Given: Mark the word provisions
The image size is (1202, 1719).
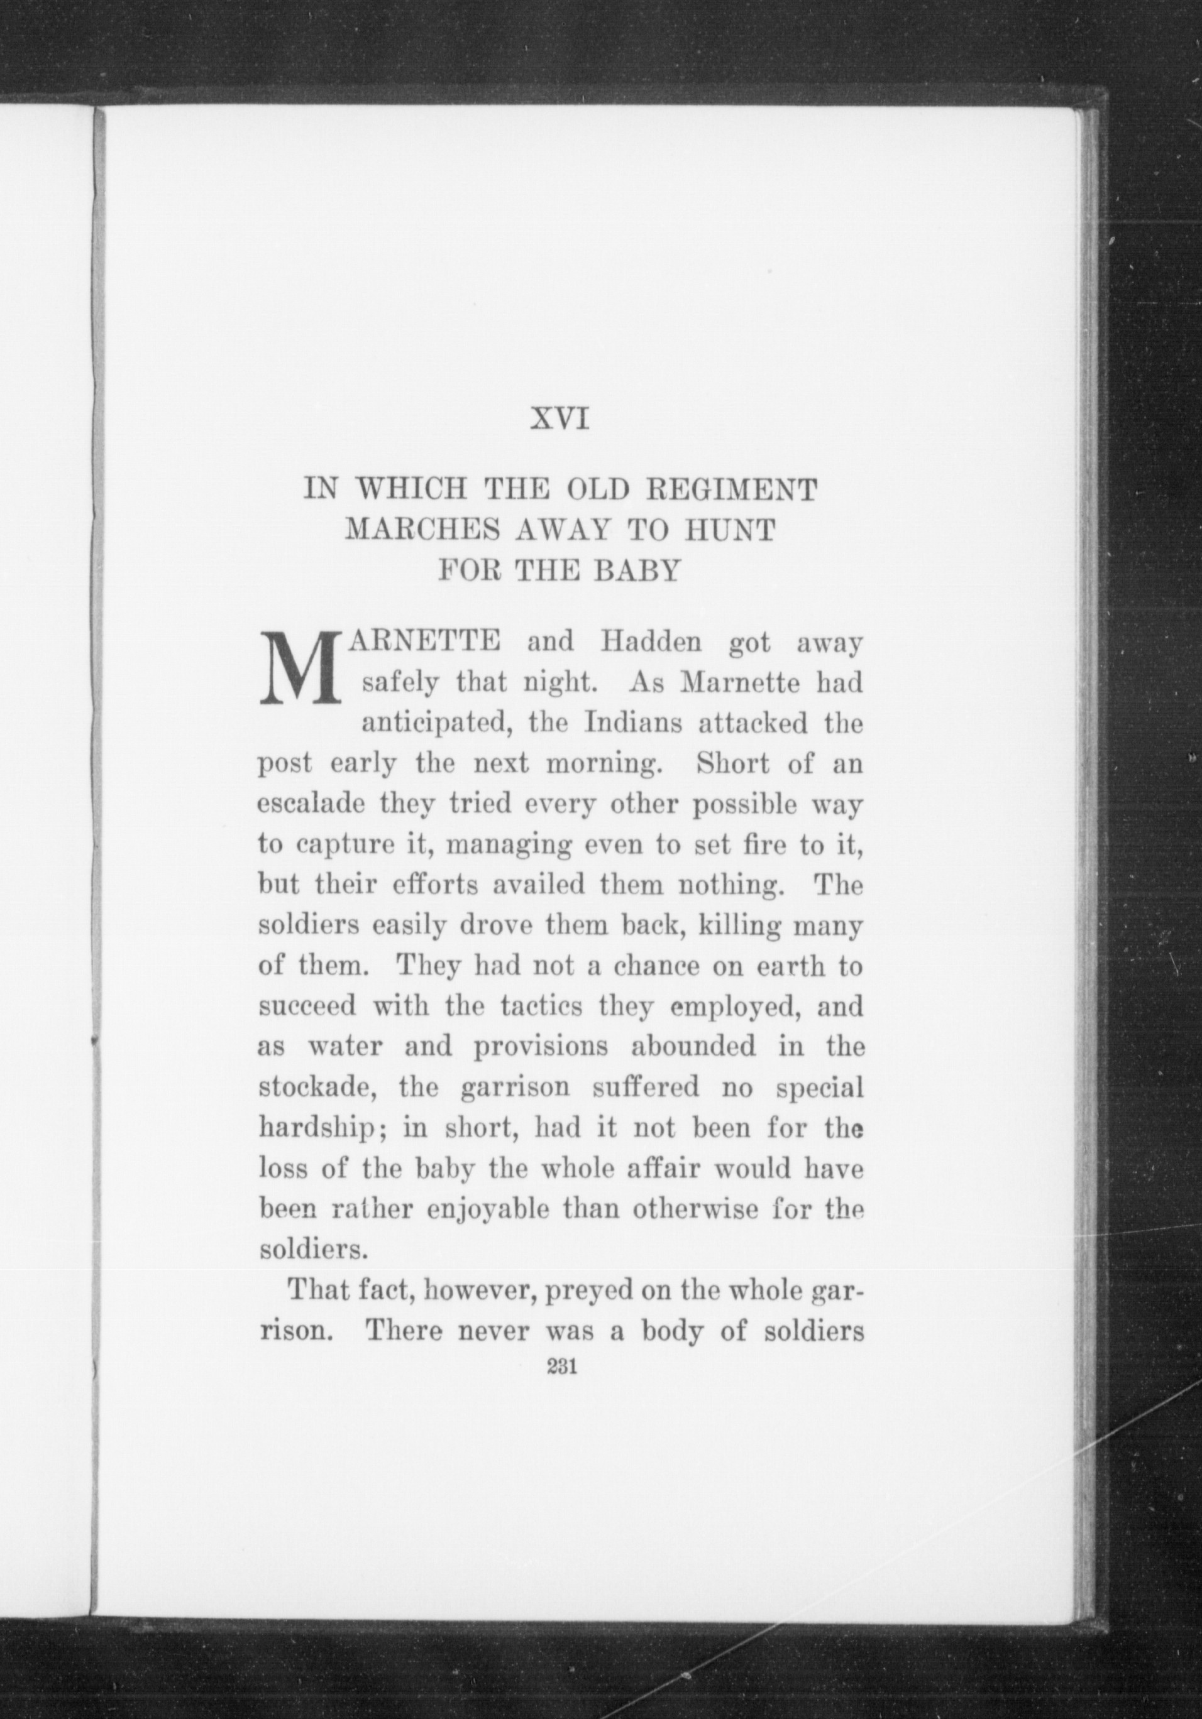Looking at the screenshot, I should (540, 1047).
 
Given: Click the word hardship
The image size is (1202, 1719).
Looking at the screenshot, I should (321, 1128).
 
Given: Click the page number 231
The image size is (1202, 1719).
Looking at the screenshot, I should (561, 1368).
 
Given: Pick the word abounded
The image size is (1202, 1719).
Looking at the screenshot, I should (693, 1047).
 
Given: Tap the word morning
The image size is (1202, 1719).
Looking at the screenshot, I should (602, 765).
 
